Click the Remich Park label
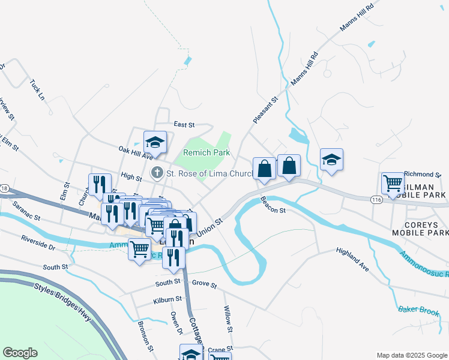point(206,153)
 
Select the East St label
point(184,125)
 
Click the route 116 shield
point(376,199)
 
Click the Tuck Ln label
point(37,88)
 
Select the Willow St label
point(228,319)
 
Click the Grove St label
point(205,284)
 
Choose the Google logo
point(20,353)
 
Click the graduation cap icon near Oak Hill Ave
point(155,142)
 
